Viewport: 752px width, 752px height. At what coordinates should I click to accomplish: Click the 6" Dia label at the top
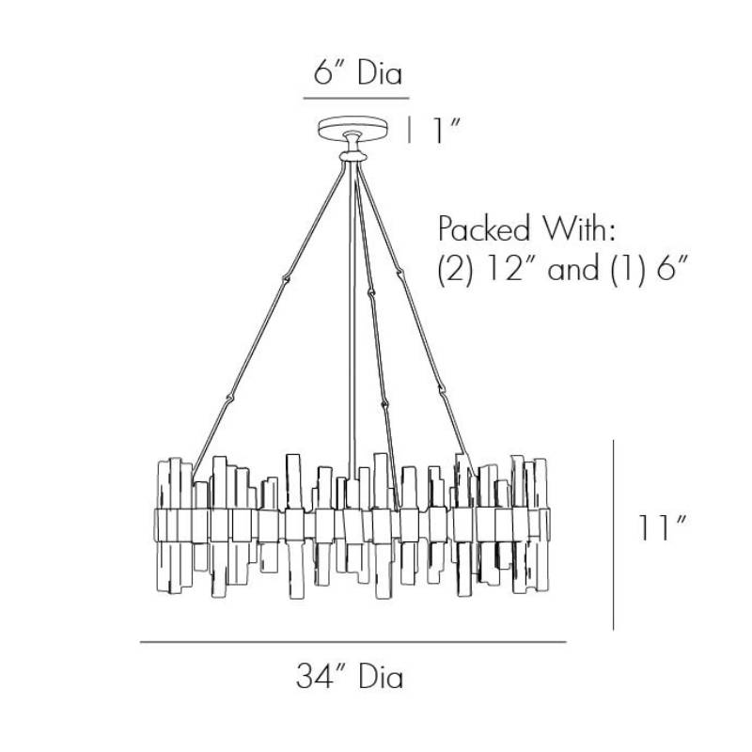(x=358, y=74)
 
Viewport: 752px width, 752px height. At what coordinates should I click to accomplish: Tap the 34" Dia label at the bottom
(x=350, y=677)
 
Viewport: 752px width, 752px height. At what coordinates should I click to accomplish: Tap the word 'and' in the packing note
(x=573, y=269)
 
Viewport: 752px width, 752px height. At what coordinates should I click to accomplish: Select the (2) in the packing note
(x=455, y=270)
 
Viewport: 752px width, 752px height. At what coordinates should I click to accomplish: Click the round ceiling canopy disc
(x=353, y=129)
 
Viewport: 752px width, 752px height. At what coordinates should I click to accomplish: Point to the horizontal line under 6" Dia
(x=356, y=99)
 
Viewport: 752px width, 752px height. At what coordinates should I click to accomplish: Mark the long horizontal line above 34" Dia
(x=353, y=642)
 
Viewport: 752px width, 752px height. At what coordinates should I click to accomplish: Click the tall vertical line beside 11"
(x=614, y=535)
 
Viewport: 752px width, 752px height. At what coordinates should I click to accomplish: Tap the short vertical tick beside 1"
(x=409, y=131)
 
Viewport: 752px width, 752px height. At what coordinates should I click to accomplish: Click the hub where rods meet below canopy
(x=353, y=156)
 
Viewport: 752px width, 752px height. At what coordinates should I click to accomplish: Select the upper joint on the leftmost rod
(x=287, y=277)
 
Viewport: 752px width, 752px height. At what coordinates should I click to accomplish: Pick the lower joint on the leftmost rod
(x=230, y=398)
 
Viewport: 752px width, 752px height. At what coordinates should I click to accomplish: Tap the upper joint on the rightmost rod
(x=399, y=274)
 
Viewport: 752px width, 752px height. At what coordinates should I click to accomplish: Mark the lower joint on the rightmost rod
(x=442, y=389)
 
